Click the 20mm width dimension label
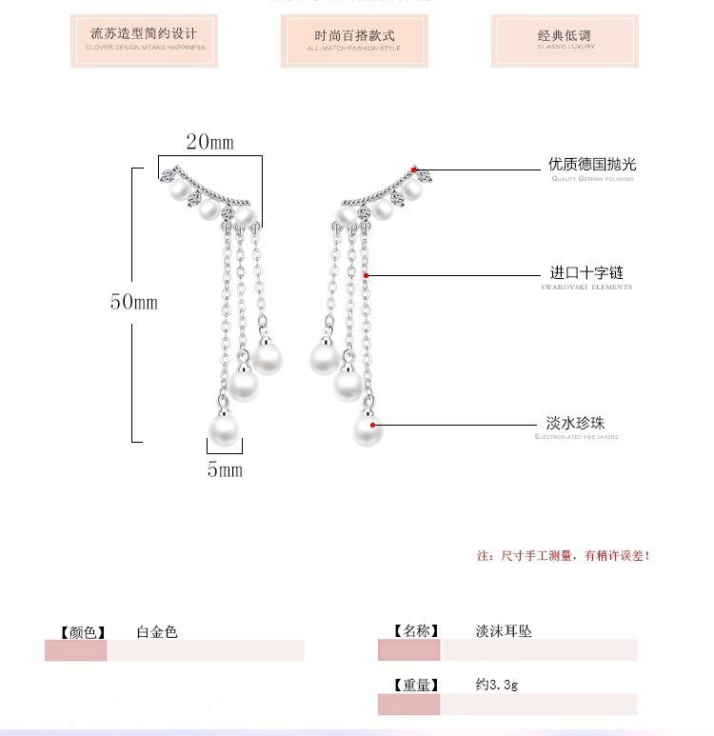point(209,143)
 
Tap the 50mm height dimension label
point(133,302)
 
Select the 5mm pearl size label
point(225,469)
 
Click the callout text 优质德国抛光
point(591,165)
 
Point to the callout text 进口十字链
point(586,273)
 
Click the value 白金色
point(156,630)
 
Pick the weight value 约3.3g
point(497,684)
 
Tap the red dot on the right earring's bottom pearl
point(373,426)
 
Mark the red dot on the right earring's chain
point(367,275)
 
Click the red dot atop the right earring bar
point(414,169)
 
